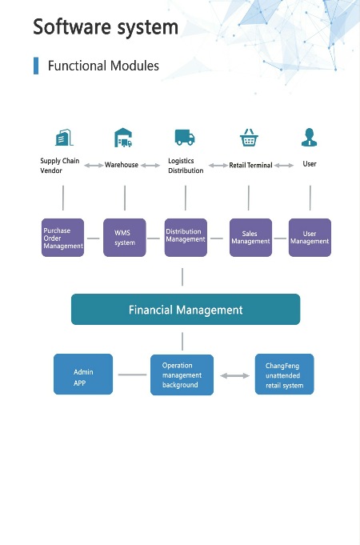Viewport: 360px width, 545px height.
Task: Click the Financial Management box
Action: pyautogui.click(x=186, y=310)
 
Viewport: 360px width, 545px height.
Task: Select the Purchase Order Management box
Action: pyautogui.click(x=62, y=238)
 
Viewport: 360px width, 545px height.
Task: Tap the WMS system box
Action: pyautogui.click(x=125, y=238)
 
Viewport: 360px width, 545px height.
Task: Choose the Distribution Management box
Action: pyautogui.click(x=186, y=238)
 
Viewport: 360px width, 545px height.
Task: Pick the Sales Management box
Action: pyautogui.click(x=250, y=238)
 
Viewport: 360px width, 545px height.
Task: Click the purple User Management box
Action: pyautogui.click(x=310, y=238)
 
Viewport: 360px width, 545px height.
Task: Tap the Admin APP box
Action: pyautogui.click(x=83, y=374)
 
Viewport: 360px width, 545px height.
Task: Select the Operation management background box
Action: pyautogui.click(x=182, y=375)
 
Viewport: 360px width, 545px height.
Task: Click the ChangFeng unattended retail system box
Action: pyautogui.click(x=284, y=374)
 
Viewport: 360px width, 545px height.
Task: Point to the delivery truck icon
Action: pyautogui.click(x=185, y=138)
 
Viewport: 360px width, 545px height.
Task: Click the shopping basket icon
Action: pyautogui.click(x=249, y=138)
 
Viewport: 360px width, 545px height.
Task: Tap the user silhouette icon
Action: pyautogui.click(x=309, y=137)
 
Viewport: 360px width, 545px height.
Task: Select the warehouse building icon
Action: pyautogui.click(x=123, y=138)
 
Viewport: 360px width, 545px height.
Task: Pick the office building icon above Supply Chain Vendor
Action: pyautogui.click(x=64, y=138)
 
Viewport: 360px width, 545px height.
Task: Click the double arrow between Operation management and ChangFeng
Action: pyautogui.click(x=234, y=375)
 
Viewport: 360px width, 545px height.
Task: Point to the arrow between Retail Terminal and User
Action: pyautogui.click(x=284, y=166)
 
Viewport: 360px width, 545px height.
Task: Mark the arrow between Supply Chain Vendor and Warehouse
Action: pyautogui.click(x=94, y=166)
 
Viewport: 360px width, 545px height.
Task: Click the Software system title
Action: pyautogui.click(x=106, y=26)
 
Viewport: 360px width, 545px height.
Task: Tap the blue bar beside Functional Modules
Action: pyautogui.click(x=36, y=66)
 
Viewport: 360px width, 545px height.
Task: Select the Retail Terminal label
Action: pyautogui.click(x=250, y=165)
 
